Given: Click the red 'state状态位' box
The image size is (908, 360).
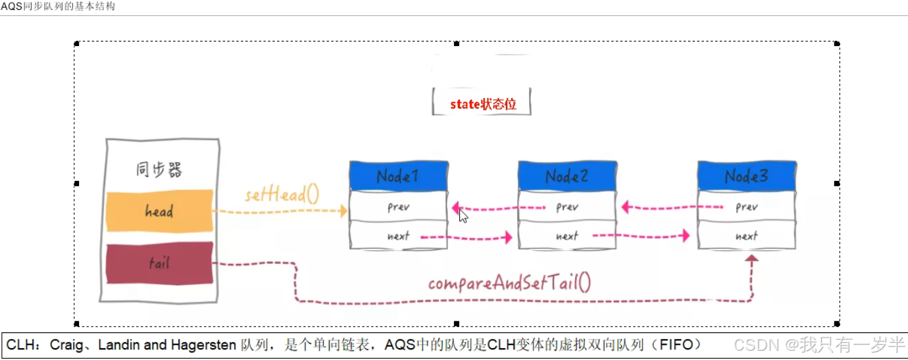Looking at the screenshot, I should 482,104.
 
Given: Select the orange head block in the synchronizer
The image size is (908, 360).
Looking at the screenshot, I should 159,211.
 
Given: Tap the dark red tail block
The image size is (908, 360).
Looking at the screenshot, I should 159,263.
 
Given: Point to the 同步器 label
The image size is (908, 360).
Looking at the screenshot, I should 159,170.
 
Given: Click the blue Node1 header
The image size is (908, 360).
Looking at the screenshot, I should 399,176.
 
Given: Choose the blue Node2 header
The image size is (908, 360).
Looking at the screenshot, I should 567,176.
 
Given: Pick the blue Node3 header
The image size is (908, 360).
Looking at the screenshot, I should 747,176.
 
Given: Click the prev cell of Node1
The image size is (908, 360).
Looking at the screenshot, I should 399,207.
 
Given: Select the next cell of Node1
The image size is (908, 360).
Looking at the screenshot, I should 399,236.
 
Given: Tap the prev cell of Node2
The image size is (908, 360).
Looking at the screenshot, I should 567,207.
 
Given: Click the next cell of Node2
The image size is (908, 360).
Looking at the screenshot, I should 567,236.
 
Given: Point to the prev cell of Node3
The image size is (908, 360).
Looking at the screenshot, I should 747,207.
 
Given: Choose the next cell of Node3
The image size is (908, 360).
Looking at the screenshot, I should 747,236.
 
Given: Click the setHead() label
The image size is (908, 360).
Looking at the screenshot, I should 282,195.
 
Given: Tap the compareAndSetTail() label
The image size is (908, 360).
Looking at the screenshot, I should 510,284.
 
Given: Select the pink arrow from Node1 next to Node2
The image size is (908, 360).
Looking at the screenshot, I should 466,236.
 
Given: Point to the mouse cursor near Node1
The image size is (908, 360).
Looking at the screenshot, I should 463,216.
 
